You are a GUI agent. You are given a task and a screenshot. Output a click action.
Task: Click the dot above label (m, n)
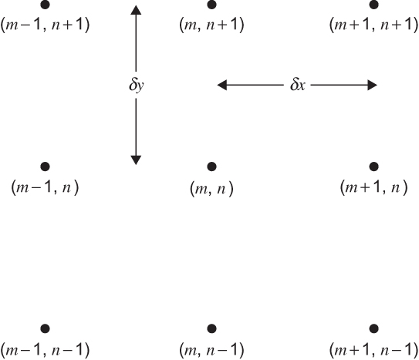click(211, 167)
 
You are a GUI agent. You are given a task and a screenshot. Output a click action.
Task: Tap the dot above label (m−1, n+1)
click(46, 5)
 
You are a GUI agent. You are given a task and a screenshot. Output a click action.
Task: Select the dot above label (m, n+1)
click(211, 5)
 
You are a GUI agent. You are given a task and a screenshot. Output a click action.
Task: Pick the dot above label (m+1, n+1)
click(373, 5)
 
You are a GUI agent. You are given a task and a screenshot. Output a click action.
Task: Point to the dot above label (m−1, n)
click(46, 167)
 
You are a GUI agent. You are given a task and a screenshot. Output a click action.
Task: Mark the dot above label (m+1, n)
click(373, 167)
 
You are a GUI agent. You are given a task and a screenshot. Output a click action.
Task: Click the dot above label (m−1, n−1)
click(46, 328)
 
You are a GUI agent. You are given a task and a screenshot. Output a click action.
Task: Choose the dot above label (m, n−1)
click(211, 328)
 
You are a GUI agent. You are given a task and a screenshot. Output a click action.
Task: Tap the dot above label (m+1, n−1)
click(373, 328)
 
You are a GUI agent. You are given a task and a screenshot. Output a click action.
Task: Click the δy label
click(137, 86)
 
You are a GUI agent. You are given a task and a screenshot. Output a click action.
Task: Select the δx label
click(297, 85)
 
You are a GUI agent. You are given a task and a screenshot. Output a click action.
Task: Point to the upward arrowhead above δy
click(136, 10)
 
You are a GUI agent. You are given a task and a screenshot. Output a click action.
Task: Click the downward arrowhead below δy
click(136, 160)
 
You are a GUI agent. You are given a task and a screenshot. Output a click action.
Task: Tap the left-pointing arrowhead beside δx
click(222, 85)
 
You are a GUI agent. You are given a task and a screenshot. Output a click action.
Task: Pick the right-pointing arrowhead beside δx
click(372, 85)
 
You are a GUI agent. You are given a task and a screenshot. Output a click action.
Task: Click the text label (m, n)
click(211, 189)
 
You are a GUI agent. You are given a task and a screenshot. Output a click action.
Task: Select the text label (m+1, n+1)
click(373, 25)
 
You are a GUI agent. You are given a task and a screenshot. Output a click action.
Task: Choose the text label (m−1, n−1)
click(46, 349)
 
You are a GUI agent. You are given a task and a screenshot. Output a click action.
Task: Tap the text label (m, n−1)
click(211, 349)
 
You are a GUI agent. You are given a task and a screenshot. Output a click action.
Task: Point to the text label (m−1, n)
click(46, 187)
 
